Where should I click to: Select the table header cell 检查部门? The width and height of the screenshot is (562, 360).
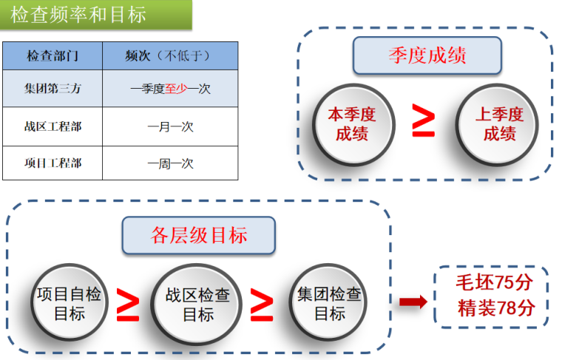(x=53, y=55)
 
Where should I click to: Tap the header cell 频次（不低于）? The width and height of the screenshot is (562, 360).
(x=170, y=55)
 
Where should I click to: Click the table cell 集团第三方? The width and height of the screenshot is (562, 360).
(x=53, y=89)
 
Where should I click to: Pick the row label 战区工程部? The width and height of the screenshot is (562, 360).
(x=53, y=126)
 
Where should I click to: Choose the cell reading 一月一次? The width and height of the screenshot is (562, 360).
(x=170, y=126)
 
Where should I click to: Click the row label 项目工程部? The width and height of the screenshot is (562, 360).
(x=53, y=163)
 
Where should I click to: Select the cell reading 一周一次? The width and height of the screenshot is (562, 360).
(x=170, y=163)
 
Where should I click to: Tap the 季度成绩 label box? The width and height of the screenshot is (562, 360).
(x=427, y=56)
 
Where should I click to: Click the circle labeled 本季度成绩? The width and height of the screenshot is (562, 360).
(x=352, y=123)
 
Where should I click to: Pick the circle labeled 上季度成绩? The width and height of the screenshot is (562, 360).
(x=499, y=123)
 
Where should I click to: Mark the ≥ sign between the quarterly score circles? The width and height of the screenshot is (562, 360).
(x=424, y=121)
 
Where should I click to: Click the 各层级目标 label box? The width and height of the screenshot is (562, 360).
(x=199, y=236)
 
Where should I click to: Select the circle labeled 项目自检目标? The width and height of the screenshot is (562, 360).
(x=69, y=304)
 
